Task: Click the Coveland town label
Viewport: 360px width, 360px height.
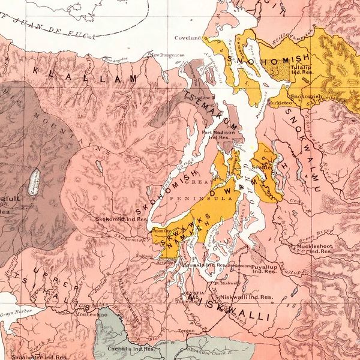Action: click(187, 37)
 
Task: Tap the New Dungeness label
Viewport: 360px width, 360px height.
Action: click(169, 55)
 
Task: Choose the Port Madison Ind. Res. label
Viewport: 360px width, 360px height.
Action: click(216, 134)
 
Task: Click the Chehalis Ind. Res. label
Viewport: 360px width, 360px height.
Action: click(124, 347)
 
